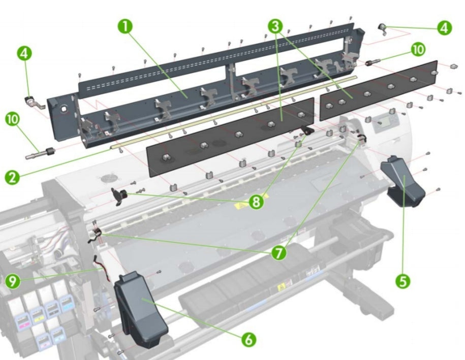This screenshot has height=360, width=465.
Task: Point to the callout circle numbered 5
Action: click(403, 281)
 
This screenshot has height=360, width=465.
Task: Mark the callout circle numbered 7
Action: click(278, 252)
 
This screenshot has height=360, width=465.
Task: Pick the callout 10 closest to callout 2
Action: click(14, 120)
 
